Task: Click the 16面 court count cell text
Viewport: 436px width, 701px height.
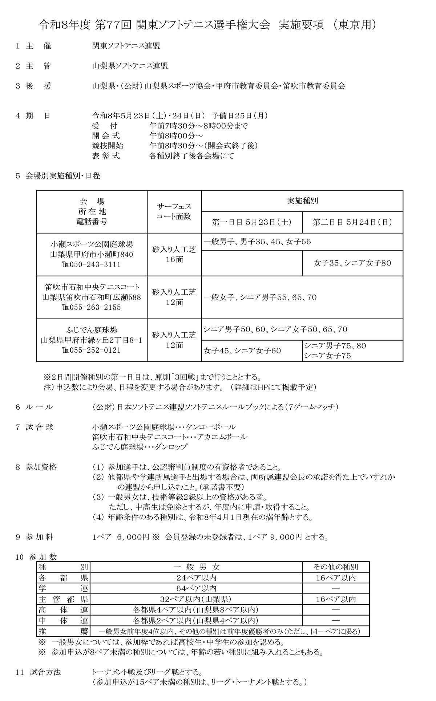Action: pyautogui.click(x=174, y=260)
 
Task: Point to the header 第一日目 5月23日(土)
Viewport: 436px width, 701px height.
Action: pyautogui.click(x=252, y=222)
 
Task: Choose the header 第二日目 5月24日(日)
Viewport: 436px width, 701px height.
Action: pyautogui.click(x=352, y=222)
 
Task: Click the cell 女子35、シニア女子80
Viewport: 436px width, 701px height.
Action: pyautogui.click(x=352, y=263)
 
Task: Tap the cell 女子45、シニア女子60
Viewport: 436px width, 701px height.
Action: pyautogui.click(x=242, y=351)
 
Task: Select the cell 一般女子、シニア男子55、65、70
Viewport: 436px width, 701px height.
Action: pyautogui.click(x=260, y=297)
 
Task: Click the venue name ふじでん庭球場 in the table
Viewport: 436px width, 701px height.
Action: pyautogui.click(x=92, y=330)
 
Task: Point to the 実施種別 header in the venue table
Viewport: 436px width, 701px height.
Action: pyautogui.click(x=302, y=201)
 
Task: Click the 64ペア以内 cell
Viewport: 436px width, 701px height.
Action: pyautogui.click(x=196, y=588)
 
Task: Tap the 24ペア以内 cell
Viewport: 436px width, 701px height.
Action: pyautogui.click(x=196, y=578)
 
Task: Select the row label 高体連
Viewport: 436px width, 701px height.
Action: pyautogui.click(x=63, y=610)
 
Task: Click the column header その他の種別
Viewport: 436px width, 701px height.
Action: pyautogui.click(x=335, y=567)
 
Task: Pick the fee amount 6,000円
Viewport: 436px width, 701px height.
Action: pyautogui.click(x=129, y=537)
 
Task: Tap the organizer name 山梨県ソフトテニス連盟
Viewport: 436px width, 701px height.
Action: pyautogui.click(x=130, y=66)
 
